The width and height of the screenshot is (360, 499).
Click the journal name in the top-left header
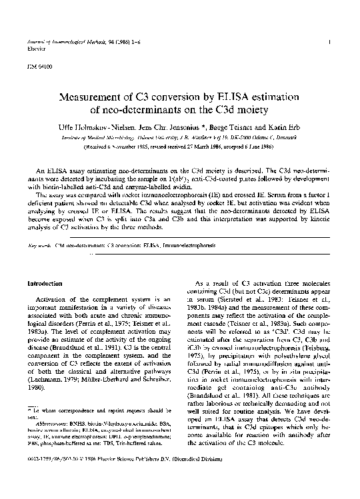click(73, 41)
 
